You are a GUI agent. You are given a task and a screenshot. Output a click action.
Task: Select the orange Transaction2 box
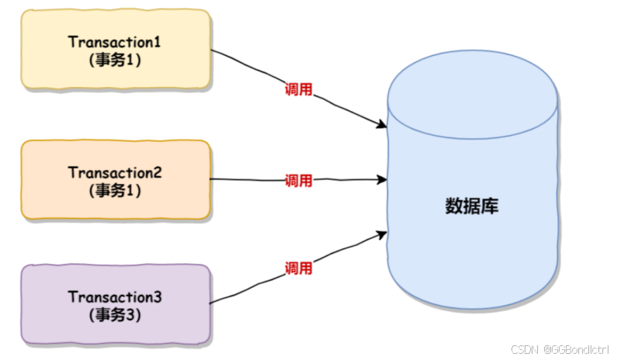[116, 179]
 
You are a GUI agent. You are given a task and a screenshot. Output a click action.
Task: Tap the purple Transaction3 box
[116, 305]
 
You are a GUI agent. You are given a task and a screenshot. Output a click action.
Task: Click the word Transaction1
[116, 42]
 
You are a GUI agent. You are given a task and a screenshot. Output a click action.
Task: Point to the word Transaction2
[116, 171]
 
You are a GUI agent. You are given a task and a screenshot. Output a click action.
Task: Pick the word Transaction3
[116, 297]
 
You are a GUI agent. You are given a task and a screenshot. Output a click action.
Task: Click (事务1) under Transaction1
[116, 60]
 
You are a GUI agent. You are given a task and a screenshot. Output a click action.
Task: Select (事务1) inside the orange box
[116, 189]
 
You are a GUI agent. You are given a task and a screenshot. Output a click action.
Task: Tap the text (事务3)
[116, 315]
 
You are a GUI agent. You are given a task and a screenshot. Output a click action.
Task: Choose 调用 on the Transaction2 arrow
[299, 181]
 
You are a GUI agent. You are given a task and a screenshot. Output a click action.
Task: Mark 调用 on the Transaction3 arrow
[299, 268]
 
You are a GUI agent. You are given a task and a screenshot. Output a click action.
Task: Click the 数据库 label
[472, 206]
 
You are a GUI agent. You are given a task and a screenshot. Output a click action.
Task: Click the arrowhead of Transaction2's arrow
[382, 180]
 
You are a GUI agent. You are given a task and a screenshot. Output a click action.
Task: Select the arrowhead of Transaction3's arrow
[382, 232]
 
